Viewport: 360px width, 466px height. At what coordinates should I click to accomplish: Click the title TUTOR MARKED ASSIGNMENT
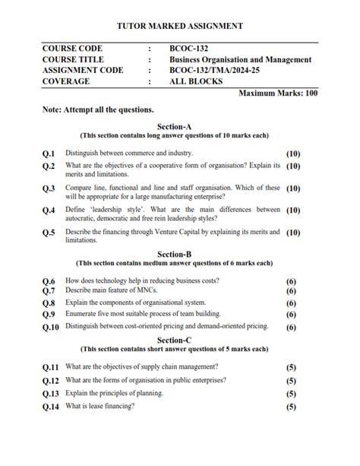click(180, 26)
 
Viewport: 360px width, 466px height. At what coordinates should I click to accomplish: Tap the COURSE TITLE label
click(73, 59)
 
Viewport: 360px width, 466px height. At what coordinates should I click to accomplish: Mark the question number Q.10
click(51, 327)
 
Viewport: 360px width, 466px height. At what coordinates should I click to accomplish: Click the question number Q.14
click(51, 407)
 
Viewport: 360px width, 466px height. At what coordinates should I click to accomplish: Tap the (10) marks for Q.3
click(293, 188)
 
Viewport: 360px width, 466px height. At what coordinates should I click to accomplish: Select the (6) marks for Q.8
click(291, 303)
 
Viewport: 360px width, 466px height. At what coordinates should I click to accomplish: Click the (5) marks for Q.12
click(291, 381)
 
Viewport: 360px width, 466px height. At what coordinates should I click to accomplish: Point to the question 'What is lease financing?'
click(100, 406)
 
